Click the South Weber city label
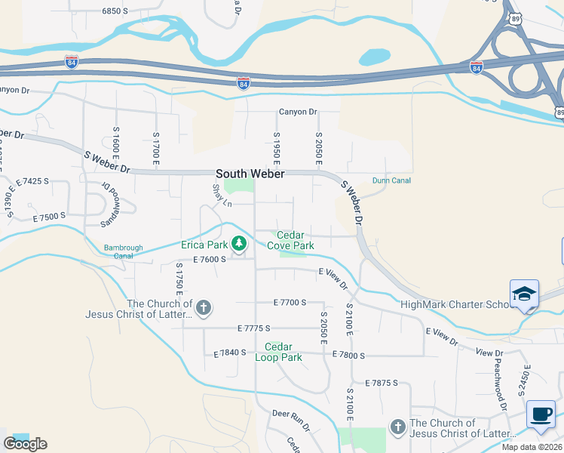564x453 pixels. point(250,174)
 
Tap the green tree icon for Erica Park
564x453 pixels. point(239,244)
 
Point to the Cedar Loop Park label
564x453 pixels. point(283,353)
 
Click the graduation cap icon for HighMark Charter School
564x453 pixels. point(524,294)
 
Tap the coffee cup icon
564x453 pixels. point(541,414)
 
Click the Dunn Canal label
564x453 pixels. point(391,180)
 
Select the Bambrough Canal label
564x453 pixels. point(124,251)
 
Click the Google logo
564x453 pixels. point(25,444)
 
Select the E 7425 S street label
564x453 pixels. point(32,181)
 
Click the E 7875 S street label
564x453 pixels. point(381,384)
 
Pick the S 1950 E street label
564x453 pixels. point(277,148)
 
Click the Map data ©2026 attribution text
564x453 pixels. point(532,447)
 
